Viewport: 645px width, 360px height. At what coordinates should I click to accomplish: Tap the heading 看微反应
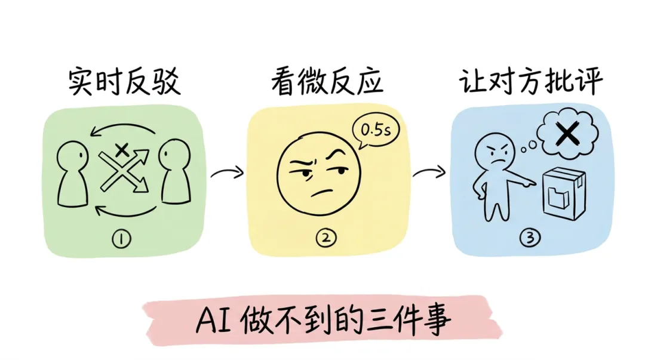(x=326, y=82)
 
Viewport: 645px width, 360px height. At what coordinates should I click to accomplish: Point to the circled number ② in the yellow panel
(x=326, y=238)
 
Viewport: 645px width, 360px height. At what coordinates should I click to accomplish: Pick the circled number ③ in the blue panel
(x=530, y=238)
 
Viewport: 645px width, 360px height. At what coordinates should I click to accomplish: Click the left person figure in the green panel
(x=73, y=173)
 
